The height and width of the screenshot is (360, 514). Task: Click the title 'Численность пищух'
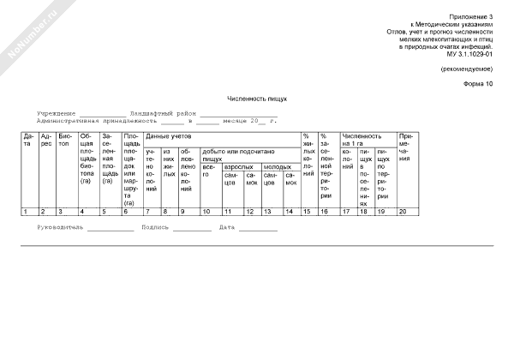click(257, 99)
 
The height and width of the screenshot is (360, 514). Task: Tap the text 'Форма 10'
click(479, 84)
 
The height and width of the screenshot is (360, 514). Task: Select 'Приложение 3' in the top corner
click(475, 17)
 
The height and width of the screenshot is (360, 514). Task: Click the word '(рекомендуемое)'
click(468, 68)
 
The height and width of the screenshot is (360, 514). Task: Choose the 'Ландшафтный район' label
click(163, 113)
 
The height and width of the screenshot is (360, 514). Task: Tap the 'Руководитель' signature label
click(62, 227)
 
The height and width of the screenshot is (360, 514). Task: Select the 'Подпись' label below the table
click(154, 227)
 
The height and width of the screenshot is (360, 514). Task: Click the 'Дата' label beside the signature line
click(227, 227)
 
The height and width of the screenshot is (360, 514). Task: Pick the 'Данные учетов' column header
click(169, 136)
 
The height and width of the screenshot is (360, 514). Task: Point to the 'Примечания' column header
click(405, 147)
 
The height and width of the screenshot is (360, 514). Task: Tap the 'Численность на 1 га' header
click(362, 140)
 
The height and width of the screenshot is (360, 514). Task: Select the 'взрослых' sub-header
click(237, 166)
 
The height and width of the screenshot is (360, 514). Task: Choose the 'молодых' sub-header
click(277, 166)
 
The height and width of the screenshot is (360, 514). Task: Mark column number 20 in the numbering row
click(403, 211)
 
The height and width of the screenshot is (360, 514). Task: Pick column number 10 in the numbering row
click(206, 211)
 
